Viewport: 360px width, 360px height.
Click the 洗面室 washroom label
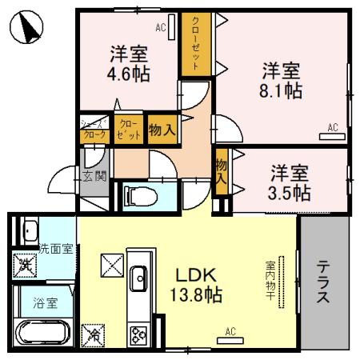click(x=57, y=248)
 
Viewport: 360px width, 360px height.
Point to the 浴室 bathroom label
click(x=45, y=303)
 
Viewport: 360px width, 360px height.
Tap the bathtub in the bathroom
click(x=45, y=333)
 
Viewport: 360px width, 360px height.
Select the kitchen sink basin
click(x=137, y=278)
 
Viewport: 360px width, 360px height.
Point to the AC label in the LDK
click(x=230, y=331)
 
